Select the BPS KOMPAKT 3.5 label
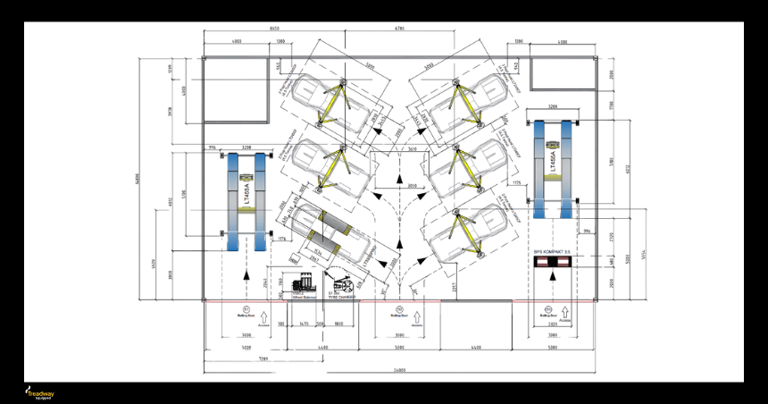click(552, 252)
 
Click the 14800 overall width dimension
click(400, 370)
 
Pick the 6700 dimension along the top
click(399, 29)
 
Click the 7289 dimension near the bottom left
click(265, 357)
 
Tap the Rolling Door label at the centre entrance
click(399, 314)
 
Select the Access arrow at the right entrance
click(547, 317)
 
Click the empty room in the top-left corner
click(237, 90)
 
